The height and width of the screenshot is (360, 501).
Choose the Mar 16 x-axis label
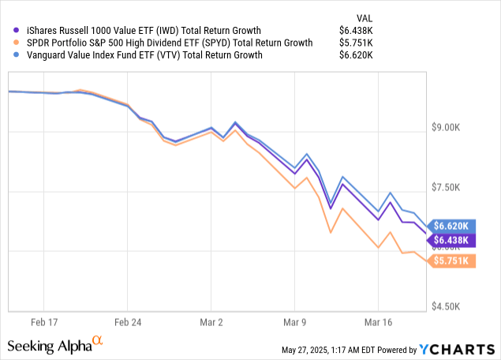tap(378, 322)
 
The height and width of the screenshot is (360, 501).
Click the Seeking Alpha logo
tap(55, 346)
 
